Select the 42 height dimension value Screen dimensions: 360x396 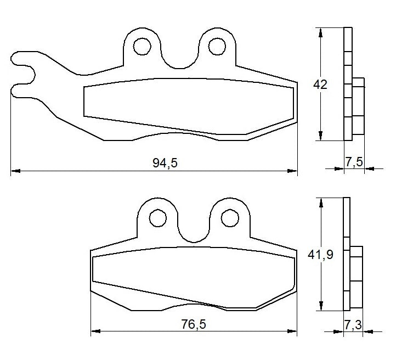pyautogui.click(x=320, y=85)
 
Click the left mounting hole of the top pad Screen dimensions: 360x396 pyautogui.click(x=143, y=46)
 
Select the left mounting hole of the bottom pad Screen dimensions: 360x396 pyautogui.click(x=157, y=217)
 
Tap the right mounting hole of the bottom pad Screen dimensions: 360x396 pyautogui.click(x=229, y=217)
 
